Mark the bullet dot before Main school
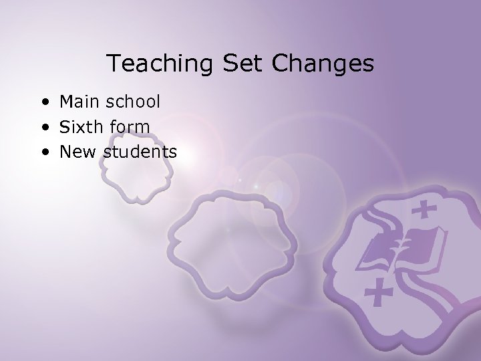click(x=43, y=103)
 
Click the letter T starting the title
click(x=114, y=64)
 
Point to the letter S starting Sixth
click(x=65, y=126)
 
